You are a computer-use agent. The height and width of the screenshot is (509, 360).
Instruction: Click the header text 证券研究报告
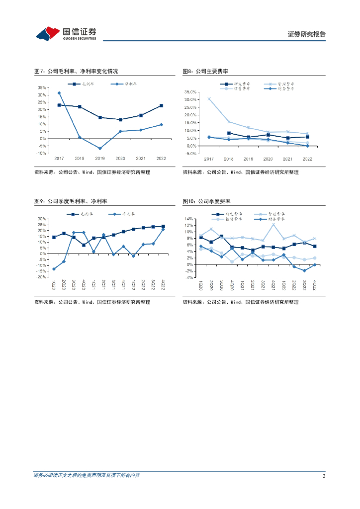click(307, 34)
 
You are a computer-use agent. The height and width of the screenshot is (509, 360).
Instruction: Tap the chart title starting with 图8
click(208, 72)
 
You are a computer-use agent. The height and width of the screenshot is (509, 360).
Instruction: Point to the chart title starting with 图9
click(71, 201)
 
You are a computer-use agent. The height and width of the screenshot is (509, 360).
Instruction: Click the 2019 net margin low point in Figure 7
click(99, 148)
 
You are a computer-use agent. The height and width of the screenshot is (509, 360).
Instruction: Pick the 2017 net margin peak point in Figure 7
click(59, 93)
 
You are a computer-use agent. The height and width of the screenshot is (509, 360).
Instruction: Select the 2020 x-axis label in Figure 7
click(120, 159)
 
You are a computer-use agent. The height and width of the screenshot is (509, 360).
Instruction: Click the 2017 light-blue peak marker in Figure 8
click(209, 98)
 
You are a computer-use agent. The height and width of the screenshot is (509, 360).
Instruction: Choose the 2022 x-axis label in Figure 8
click(307, 159)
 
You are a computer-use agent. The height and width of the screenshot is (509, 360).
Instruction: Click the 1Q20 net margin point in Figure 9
click(54, 269)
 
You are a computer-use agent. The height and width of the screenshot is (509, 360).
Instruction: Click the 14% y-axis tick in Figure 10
click(189, 219)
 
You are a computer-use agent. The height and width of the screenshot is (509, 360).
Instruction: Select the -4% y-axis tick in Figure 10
click(189, 277)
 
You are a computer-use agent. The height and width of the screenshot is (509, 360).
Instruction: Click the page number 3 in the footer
click(324, 476)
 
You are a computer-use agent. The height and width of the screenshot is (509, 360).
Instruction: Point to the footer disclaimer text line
click(87, 476)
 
